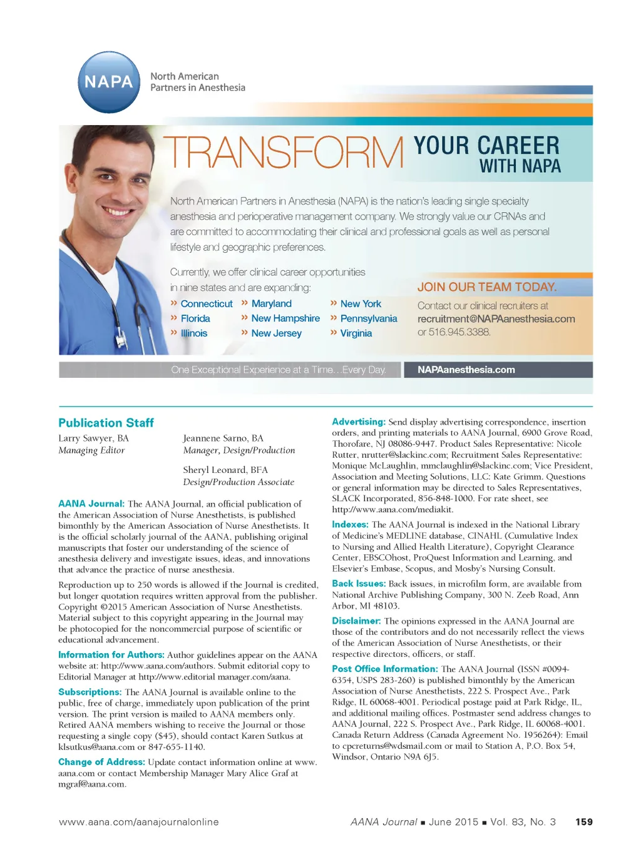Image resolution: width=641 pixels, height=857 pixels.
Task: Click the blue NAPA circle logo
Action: tap(109, 82)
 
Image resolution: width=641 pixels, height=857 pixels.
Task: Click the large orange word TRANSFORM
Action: tap(284, 153)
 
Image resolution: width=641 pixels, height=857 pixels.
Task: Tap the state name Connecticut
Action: tap(206, 304)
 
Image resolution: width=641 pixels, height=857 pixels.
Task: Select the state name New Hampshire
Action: tap(285, 318)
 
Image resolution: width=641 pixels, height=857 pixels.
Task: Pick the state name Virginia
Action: tap(356, 333)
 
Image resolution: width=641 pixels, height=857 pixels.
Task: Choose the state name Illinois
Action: tap(193, 333)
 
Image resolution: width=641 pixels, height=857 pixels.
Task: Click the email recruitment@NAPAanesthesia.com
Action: tap(496, 319)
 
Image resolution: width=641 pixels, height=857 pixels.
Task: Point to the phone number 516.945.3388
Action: tap(459, 332)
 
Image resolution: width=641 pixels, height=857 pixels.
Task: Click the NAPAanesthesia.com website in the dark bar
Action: tap(466, 370)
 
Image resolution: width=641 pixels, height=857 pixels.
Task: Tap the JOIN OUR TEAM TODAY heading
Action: tap(487, 287)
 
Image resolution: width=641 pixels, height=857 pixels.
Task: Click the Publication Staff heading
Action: tap(106, 423)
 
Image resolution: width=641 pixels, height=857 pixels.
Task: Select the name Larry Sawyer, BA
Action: tap(93, 439)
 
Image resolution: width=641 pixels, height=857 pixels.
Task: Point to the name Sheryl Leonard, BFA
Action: tap(225, 470)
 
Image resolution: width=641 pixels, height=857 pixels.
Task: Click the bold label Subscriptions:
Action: tap(90, 692)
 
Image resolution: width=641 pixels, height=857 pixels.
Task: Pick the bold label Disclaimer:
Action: tap(356, 621)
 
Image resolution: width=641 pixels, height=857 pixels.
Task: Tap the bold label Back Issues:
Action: tap(359, 584)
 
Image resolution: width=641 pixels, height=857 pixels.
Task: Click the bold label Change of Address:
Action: tap(101, 763)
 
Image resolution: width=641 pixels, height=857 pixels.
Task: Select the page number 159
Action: tap(583, 822)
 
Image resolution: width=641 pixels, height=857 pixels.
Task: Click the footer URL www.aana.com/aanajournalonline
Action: tap(138, 822)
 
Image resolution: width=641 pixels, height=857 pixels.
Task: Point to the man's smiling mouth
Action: tap(118, 211)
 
